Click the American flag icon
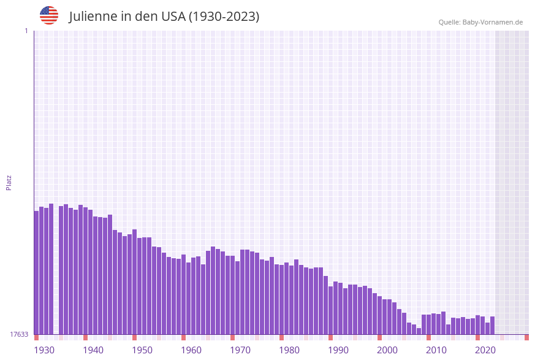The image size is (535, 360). (x=49, y=15)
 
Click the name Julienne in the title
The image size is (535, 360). (x=93, y=17)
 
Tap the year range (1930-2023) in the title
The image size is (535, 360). (x=224, y=17)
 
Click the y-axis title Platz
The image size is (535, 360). (x=9, y=182)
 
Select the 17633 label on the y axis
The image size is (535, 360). (x=19, y=334)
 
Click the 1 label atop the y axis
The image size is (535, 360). (x=26, y=31)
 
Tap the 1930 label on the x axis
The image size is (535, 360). (x=44, y=350)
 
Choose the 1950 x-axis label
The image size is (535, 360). (x=142, y=350)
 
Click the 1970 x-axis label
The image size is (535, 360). (x=240, y=350)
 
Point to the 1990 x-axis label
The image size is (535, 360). (x=338, y=350)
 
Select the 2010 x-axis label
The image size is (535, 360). (x=436, y=350)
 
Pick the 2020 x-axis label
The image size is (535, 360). (x=485, y=350)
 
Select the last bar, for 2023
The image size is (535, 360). (x=492, y=325)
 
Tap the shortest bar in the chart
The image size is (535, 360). (x=419, y=331)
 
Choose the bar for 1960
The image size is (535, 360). (x=183, y=294)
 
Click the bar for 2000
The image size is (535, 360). (x=379, y=315)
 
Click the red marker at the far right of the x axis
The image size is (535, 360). (x=526, y=337)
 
